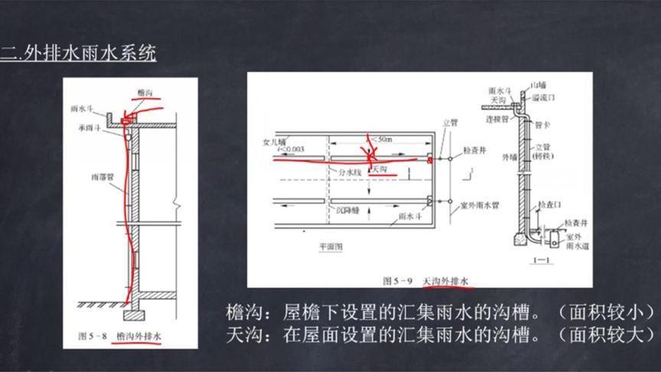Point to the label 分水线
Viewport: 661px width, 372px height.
[x=349, y=172]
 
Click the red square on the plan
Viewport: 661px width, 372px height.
[x=431, y=159]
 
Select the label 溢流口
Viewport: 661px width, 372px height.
[x=542, y=98]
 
